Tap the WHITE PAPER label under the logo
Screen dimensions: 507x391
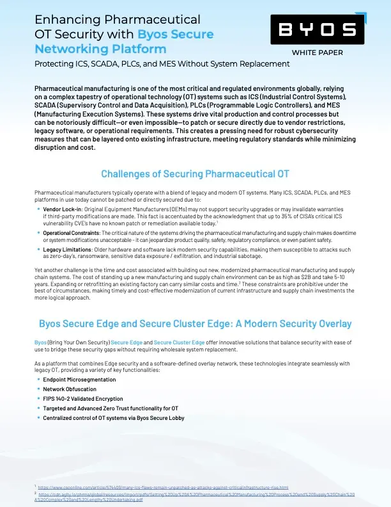(318, 52)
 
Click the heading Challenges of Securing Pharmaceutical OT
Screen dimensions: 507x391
(195, 174)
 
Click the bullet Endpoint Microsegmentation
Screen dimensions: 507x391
(79, 380)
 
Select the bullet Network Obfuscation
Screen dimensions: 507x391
(70, 389)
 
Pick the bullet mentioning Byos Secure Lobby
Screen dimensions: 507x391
(114, 417)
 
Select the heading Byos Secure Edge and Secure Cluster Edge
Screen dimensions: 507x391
(195, 323)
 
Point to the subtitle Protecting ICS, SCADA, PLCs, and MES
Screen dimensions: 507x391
(162, 64)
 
